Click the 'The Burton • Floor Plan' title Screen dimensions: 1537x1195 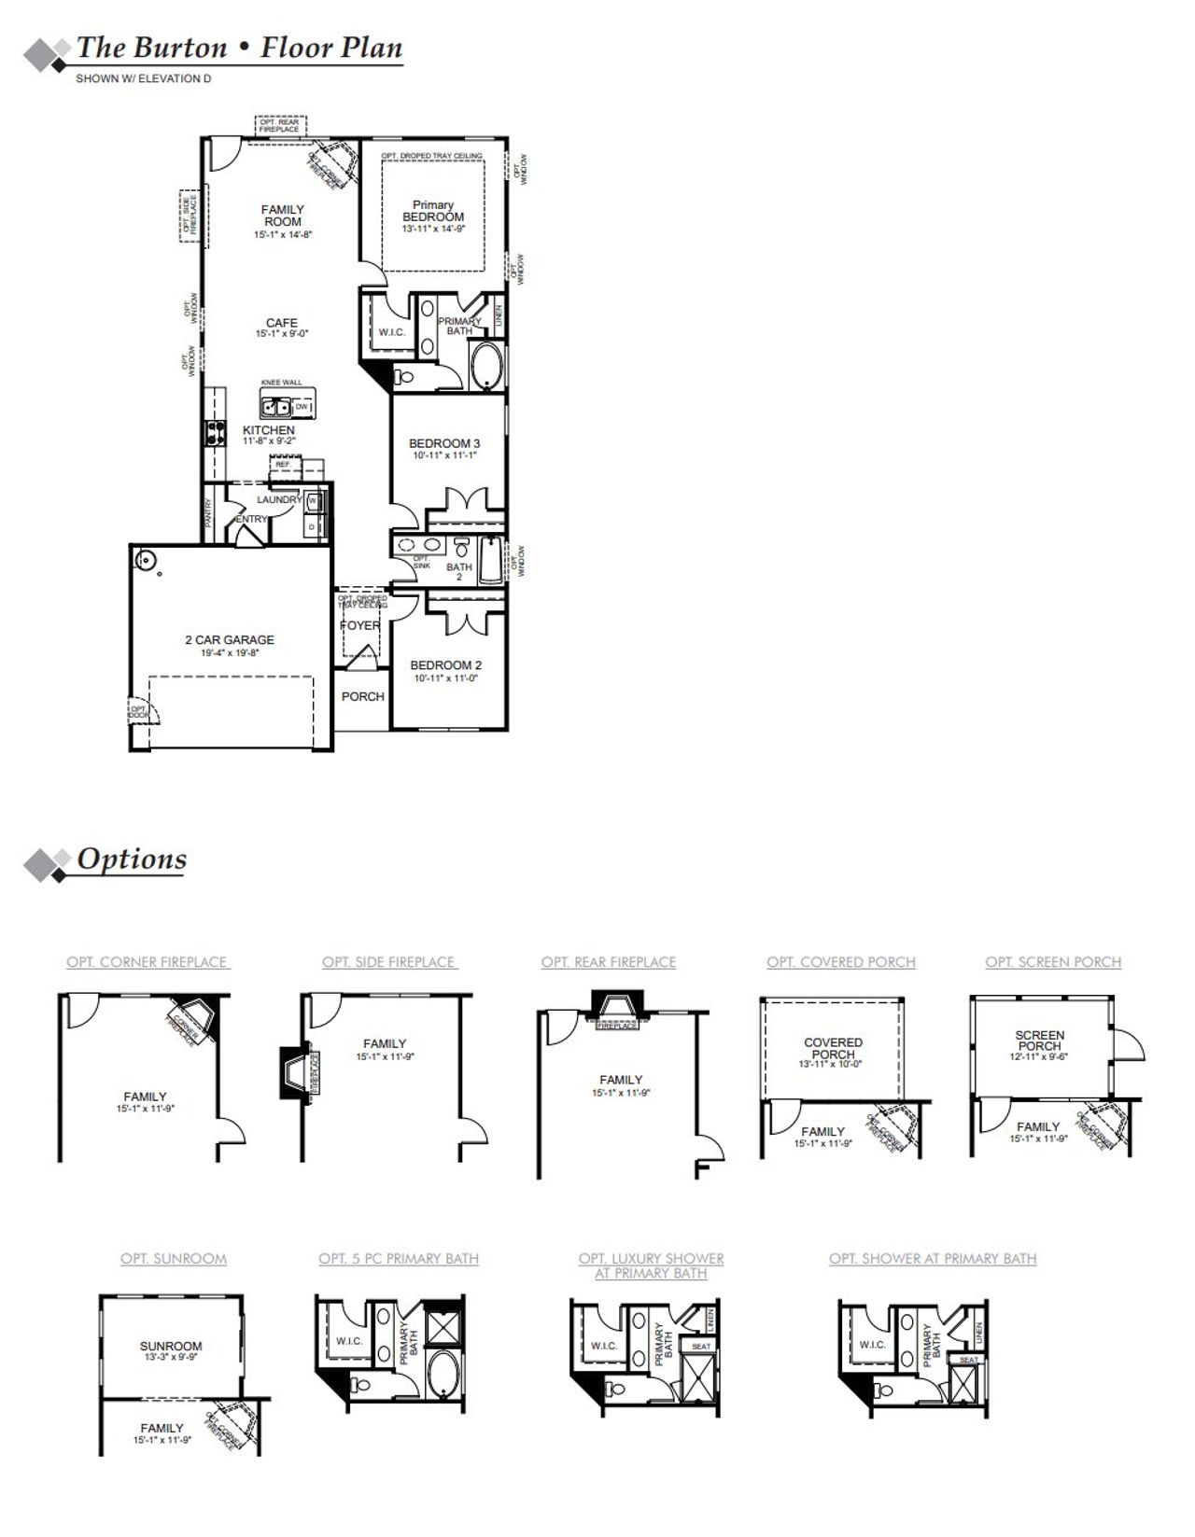[239, 48]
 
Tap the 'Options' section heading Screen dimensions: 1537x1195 [132, 859]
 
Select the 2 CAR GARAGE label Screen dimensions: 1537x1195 [230, 640]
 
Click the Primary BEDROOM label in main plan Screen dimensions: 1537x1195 [433, 211]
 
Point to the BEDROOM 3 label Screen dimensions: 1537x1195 [444, 443]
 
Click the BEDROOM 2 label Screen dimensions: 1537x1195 [446, 665]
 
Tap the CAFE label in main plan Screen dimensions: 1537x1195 [282, 323]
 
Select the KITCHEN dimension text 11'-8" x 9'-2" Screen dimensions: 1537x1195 [270, 440]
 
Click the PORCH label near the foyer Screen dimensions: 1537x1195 [362, 696]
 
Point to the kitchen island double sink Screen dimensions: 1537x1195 [275, 407]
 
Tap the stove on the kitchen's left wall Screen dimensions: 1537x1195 [214, 434]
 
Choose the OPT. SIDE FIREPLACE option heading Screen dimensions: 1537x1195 [389, 962]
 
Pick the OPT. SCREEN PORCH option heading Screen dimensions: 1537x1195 [1053, 962]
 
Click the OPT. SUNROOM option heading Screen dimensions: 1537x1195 [174, 1259]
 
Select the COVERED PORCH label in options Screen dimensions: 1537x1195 [833, 1048]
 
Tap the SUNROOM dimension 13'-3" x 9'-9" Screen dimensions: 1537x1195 [171, 1358]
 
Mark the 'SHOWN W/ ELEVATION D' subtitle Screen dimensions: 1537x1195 [143, 79]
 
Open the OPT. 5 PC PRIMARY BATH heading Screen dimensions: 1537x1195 [399, 1259]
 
